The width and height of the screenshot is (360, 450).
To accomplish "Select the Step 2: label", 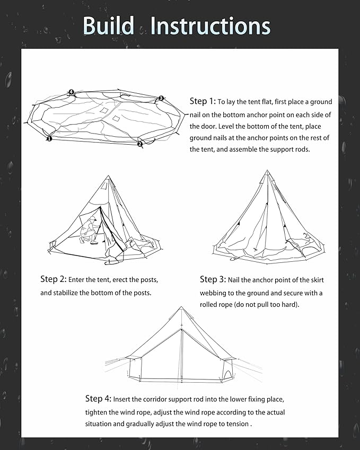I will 53,279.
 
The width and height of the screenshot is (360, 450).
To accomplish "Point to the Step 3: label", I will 213,279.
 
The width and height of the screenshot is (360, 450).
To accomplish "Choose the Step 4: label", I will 98,399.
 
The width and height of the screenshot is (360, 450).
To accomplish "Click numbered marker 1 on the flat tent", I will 49,138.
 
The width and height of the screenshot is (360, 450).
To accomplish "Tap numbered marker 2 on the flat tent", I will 140,144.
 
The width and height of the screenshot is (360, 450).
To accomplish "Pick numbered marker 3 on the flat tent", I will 161,98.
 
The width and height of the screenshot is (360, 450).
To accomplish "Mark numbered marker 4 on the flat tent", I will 71,92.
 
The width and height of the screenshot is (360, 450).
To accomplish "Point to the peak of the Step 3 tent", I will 267,172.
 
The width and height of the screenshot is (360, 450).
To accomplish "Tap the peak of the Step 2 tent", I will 108,177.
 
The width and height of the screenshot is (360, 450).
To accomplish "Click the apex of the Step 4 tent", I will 181,308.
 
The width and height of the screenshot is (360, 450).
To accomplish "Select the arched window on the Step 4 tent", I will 226,375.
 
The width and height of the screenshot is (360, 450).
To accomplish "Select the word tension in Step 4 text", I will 236,424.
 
